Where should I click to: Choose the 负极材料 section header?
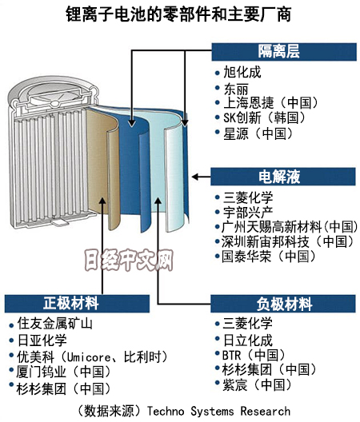(x=283, y=304)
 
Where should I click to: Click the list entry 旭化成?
(x=242, y=73)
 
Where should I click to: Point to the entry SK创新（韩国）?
(x=265, y=117)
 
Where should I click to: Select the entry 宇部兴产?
(x=248, y=213)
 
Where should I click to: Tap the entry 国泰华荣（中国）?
(x=269, y=257)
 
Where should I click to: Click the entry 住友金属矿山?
(x=54, y=323)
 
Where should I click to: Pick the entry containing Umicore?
(x=92, y=357)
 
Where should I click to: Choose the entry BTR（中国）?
(x=254, y=355)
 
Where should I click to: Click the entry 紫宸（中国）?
(x=257, y=384)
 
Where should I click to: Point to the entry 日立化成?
(x=248, y=340)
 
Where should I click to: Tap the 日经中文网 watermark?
(x=129, y=260)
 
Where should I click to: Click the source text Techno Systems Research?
(x=219, y=411)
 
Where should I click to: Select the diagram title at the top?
(x=178, y=14)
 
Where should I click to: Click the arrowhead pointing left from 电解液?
(x=195, y=177)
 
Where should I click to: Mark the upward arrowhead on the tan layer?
(x=102, y=201)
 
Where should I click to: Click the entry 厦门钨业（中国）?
(x=63, y=372)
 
